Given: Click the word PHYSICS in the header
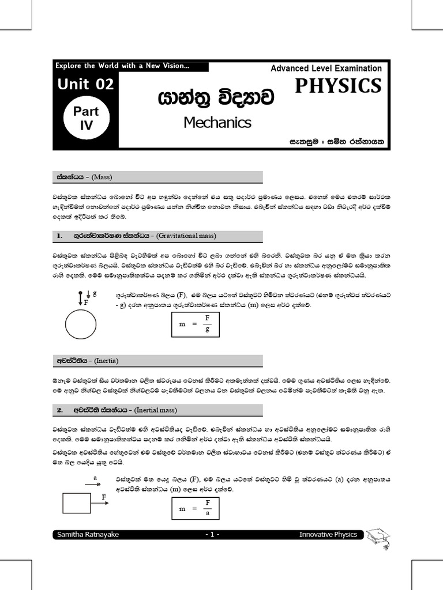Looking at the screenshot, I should pyautogui.click(x=338, y=86).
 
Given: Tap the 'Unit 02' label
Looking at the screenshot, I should pyautogui.click(x=85, y=85).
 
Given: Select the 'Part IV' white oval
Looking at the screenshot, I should pyautogui.click(x=85, y=118).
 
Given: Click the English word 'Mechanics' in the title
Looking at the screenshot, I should pyautogui.click(x=217, y=123).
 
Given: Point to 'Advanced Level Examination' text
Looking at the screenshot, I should pyautogui.click(x=326, y=68).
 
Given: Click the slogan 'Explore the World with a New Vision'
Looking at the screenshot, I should pyautogui.click(x=122, y=66).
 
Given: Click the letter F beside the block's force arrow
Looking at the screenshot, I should pyautogui.click(x=104, y=496).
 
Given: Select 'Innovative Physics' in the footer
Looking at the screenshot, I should pyautogui.click(x=328, y=535).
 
